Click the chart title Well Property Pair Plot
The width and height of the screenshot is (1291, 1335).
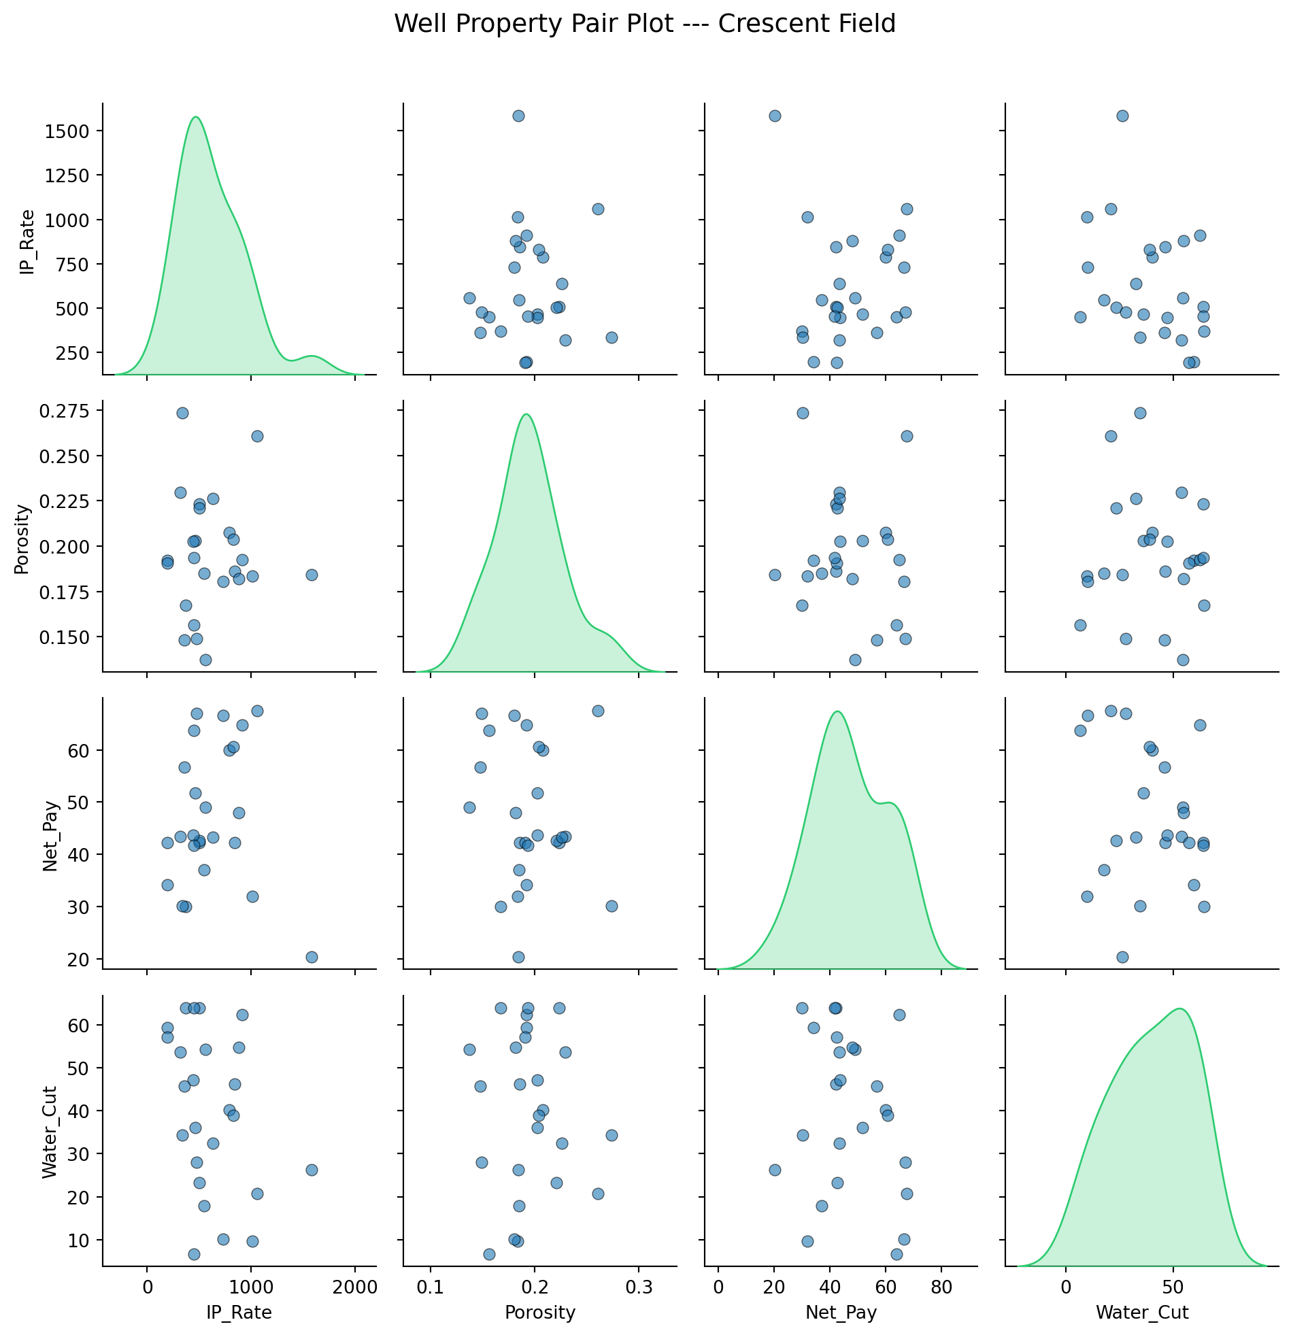point(644,24)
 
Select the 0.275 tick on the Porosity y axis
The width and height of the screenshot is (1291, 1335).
point(65,411)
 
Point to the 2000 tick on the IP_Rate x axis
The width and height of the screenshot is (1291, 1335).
point(354,1287)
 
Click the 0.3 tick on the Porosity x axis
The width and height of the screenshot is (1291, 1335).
point(638,1287)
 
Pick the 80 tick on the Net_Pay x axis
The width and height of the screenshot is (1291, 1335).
point(941,1287)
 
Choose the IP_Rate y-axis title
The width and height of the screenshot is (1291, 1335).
point(27,243)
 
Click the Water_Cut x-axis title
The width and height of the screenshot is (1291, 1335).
point(1142,1313)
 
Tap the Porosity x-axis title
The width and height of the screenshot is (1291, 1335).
point(540,1313)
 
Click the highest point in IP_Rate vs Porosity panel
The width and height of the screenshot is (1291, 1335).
point(518,116)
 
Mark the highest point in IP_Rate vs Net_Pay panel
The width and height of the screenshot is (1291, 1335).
point(775,116)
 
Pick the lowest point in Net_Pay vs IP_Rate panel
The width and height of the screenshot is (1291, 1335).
point(312,957)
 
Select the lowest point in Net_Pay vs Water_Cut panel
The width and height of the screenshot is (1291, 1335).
point(1122,957)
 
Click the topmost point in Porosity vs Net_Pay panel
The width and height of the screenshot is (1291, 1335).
point(803,413)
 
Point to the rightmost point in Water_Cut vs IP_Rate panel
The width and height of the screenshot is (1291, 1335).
point(312,1170)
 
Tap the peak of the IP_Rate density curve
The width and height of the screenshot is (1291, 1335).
point(196,117)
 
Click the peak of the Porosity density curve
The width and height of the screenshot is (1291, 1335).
point(526,414)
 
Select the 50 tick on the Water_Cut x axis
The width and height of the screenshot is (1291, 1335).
point(1173,1287)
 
